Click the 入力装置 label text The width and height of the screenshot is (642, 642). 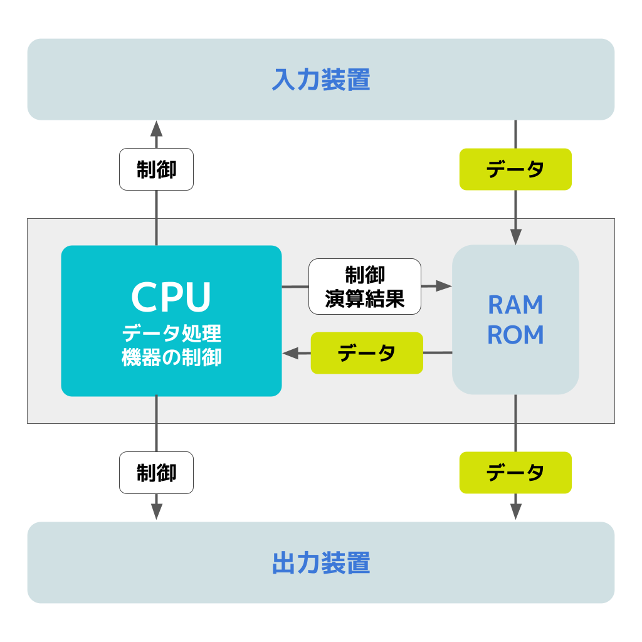tap(321, 80)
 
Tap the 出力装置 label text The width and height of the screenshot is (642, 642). tap(321, 562)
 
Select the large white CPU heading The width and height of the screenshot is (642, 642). tap(171, 297)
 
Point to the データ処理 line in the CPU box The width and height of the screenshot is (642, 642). tap(172, 334)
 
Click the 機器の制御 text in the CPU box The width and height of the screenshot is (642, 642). tap(172, 357)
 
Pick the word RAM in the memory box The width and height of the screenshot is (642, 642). tap(515, 305)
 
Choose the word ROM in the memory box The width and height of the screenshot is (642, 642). tap(515, 335)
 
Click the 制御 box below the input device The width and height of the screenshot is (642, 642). tap(156, 169)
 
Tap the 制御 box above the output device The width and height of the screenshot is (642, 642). tap(156, 473)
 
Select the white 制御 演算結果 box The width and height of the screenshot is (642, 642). tap(365, 287)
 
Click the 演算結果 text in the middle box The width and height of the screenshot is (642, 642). tap(365, 298)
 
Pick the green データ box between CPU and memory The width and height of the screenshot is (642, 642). tap(367, 353)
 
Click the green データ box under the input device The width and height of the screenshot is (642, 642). tap(515, 169)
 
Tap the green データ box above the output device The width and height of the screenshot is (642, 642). tap(515, 473)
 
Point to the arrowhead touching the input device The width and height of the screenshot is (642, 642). tap(156, 129)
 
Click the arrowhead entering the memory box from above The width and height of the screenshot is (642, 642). tap(515, 237)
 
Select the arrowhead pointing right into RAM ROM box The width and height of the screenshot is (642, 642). tap(444, 286)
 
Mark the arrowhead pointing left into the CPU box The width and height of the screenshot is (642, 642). tap(290, 353)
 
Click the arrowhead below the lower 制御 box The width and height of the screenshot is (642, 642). tap(156, 512)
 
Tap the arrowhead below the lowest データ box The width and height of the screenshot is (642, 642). tap(515, 512)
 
